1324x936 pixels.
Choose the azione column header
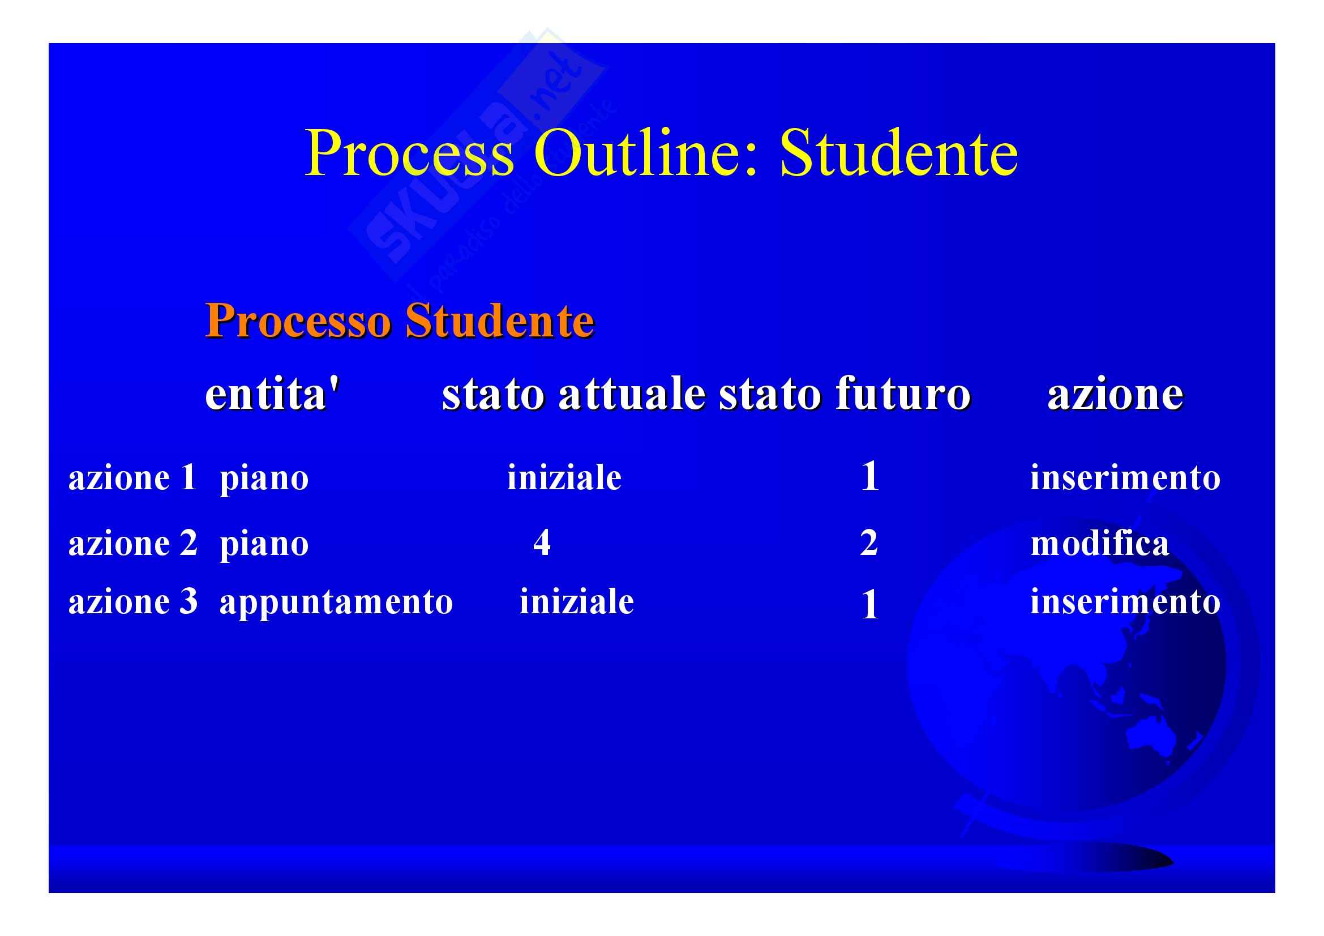[x=1116, y=394]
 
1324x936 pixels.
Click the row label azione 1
[x=132, y=477]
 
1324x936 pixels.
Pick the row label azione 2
[x=132, y=543]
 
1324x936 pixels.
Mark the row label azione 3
[x=132, y=601]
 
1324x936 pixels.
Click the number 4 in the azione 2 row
[x=542, y=542]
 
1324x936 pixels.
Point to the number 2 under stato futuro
[x=869, y=542]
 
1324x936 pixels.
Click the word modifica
[x=1100, y=542]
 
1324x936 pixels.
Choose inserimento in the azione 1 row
[x=1125, y=477]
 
